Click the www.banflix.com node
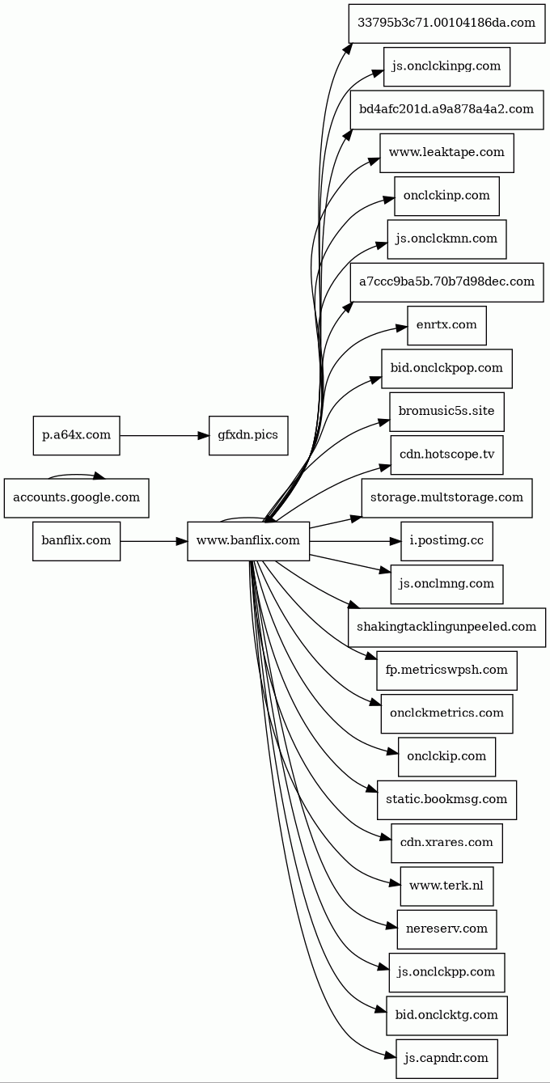click(248, 541)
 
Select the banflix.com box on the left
click(76, 541)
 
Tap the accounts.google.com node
click(76, 497)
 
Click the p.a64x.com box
click(76, 435)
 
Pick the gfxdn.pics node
click(247, 435)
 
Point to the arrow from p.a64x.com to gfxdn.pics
click(162, 435)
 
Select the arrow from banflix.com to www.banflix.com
click(154, 541)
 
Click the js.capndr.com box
click(446, 1058)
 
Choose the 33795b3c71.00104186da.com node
click(446, 23)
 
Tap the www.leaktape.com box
click(446, 152)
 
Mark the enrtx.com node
click(446, 325)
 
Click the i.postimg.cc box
click(446, 541)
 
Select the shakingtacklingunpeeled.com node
click(446, 627)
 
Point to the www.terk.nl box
click(446, 886)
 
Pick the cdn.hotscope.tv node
click(446, 455)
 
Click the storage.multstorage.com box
click(446, 497)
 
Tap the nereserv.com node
click(446, 929)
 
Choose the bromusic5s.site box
click(446, 412)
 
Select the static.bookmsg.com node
click(446, 799)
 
